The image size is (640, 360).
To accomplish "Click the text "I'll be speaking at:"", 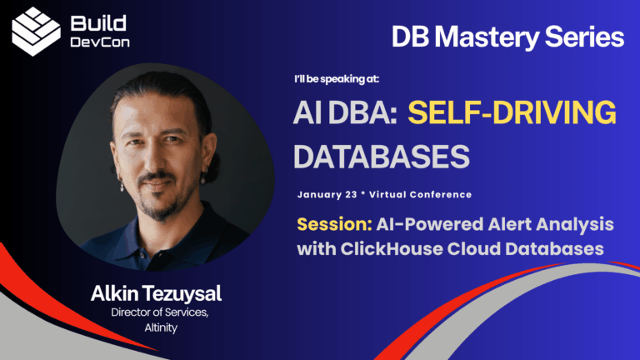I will click(337, 80).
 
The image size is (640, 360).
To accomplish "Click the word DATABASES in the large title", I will click(381, 156).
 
